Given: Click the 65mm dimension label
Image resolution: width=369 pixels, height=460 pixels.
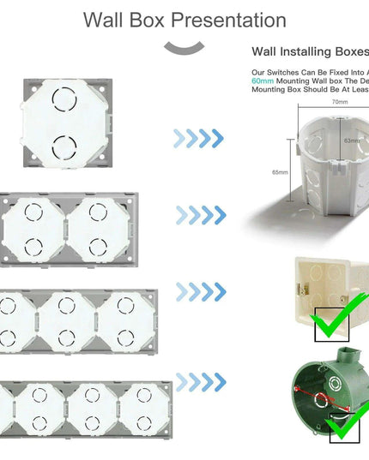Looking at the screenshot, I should (280, 172).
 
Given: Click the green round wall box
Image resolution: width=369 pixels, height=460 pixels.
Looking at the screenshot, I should (330, 398).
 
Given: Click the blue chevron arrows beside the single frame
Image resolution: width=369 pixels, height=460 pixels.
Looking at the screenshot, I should (199, 137).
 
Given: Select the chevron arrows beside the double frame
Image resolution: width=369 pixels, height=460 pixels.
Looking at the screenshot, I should (199, 214).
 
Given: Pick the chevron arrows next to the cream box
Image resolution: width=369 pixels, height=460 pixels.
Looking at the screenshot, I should (199, 292).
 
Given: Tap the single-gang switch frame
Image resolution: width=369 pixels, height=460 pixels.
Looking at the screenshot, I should (64, 122).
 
